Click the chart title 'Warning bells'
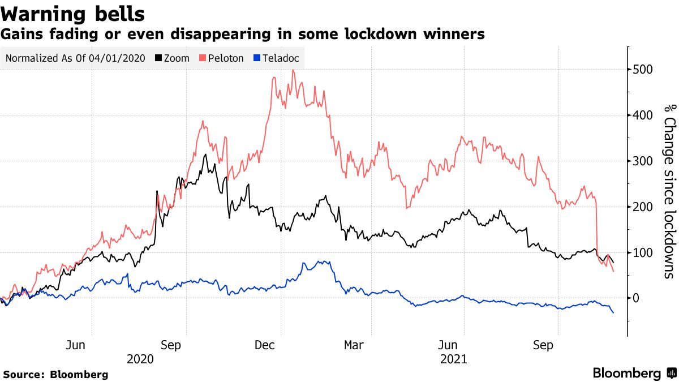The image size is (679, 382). click(x=73, y=13)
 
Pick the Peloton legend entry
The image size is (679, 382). click(x=221, y=58)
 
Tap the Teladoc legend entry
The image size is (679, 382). click(x=277, y=58)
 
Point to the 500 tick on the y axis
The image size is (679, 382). click(x=643, y=70)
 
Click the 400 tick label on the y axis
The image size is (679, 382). click(x=643, y=115)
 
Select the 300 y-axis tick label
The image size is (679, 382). click(x=643, y=161)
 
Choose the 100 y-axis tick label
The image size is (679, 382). click(x=643, y=252)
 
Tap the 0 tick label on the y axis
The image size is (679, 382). click(x=635, y=298)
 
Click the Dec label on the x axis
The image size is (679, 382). click(x=265, y=345)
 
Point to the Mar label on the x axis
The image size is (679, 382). click(x=354, y=345)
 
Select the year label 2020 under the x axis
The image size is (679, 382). click(x=140, y=359)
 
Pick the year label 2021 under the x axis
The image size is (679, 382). click(x=453, y=359)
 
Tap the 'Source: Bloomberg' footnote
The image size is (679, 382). click(x=55, y=374)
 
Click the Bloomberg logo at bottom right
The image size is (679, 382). click(x=634, y=373)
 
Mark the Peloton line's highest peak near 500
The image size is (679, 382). click(x=293, y=70)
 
